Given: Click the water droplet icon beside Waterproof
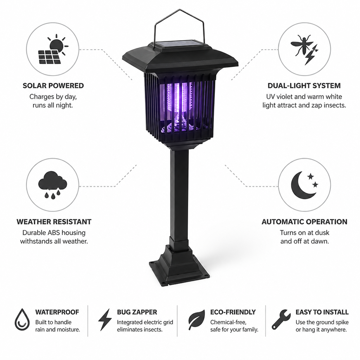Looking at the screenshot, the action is click(22, 319).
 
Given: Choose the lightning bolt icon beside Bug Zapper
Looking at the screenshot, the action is click(105, 319).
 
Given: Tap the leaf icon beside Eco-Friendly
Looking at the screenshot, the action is click(197, 319).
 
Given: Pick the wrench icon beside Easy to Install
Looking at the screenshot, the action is click(281, 319).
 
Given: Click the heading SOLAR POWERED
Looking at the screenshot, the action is click(53, 86).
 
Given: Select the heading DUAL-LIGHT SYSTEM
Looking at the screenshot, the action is click(304, 86).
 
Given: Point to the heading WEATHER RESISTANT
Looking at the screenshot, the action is click(54, 222).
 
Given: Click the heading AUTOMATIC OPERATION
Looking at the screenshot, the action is click(304, 222).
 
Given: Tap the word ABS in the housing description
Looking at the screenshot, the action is click(53, 233).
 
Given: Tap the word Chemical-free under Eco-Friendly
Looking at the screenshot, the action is click(228, 322).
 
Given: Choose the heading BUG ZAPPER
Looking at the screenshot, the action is click(137, 312).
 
